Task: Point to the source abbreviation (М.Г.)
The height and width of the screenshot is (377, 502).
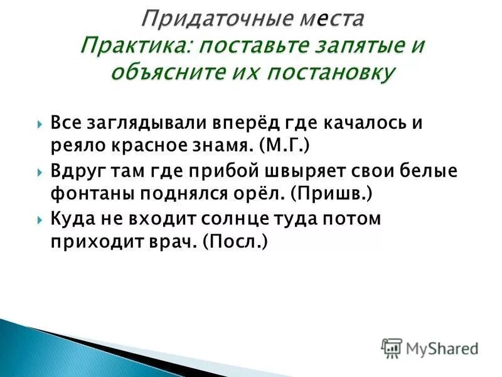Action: pyautogui.click(x=283, y=146)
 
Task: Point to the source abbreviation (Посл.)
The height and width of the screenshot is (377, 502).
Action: pyautogui.click(x=235, y=242)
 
